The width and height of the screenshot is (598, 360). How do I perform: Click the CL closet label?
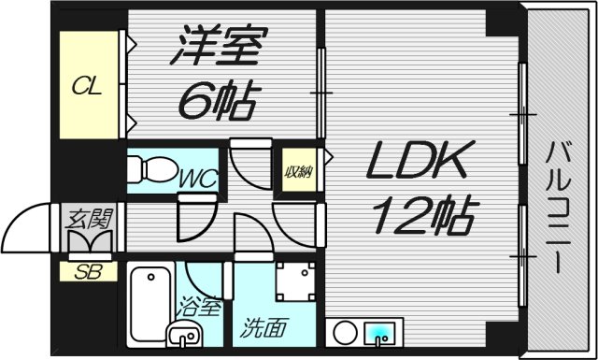click(88, 87)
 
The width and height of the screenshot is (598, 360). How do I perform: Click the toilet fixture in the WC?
click(150, 169)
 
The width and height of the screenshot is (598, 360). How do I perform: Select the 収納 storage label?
click(298, 172)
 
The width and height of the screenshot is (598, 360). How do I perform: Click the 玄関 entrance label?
click(90, 221)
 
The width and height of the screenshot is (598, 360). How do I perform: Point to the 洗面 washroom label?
click(258, 328)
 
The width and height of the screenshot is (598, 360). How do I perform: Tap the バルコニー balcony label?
click(560, 206)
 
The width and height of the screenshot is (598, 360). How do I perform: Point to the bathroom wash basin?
click(182, 333)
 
